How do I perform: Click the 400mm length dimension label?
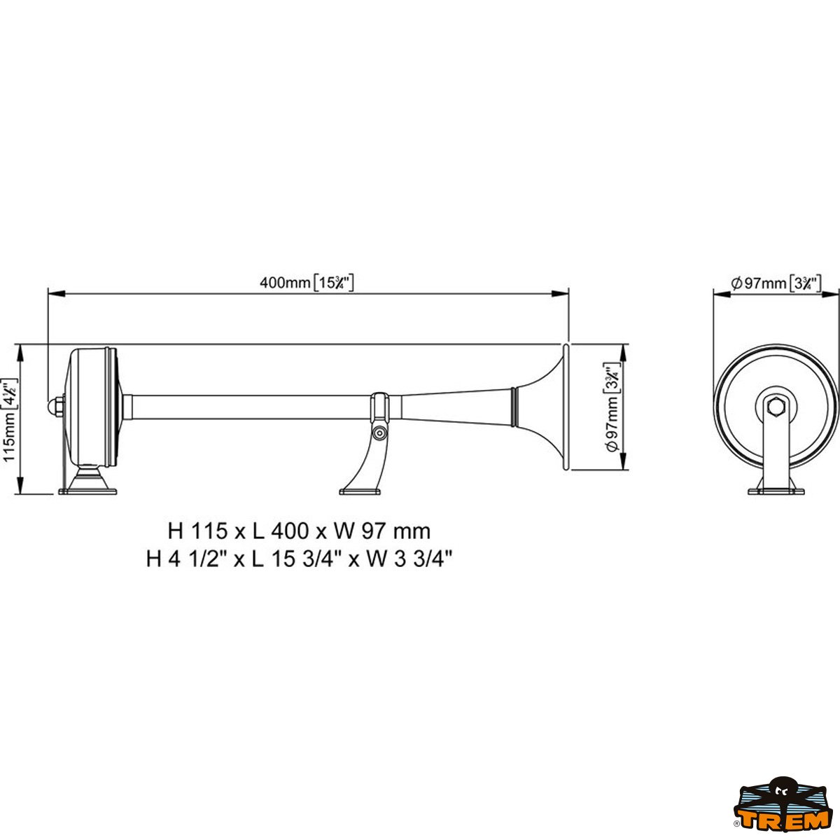[307, 283]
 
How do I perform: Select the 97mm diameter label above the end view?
[776, 283]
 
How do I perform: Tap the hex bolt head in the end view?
[776, 406]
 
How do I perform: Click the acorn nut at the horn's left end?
[55, 407]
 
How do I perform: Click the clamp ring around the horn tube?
[379, 407]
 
